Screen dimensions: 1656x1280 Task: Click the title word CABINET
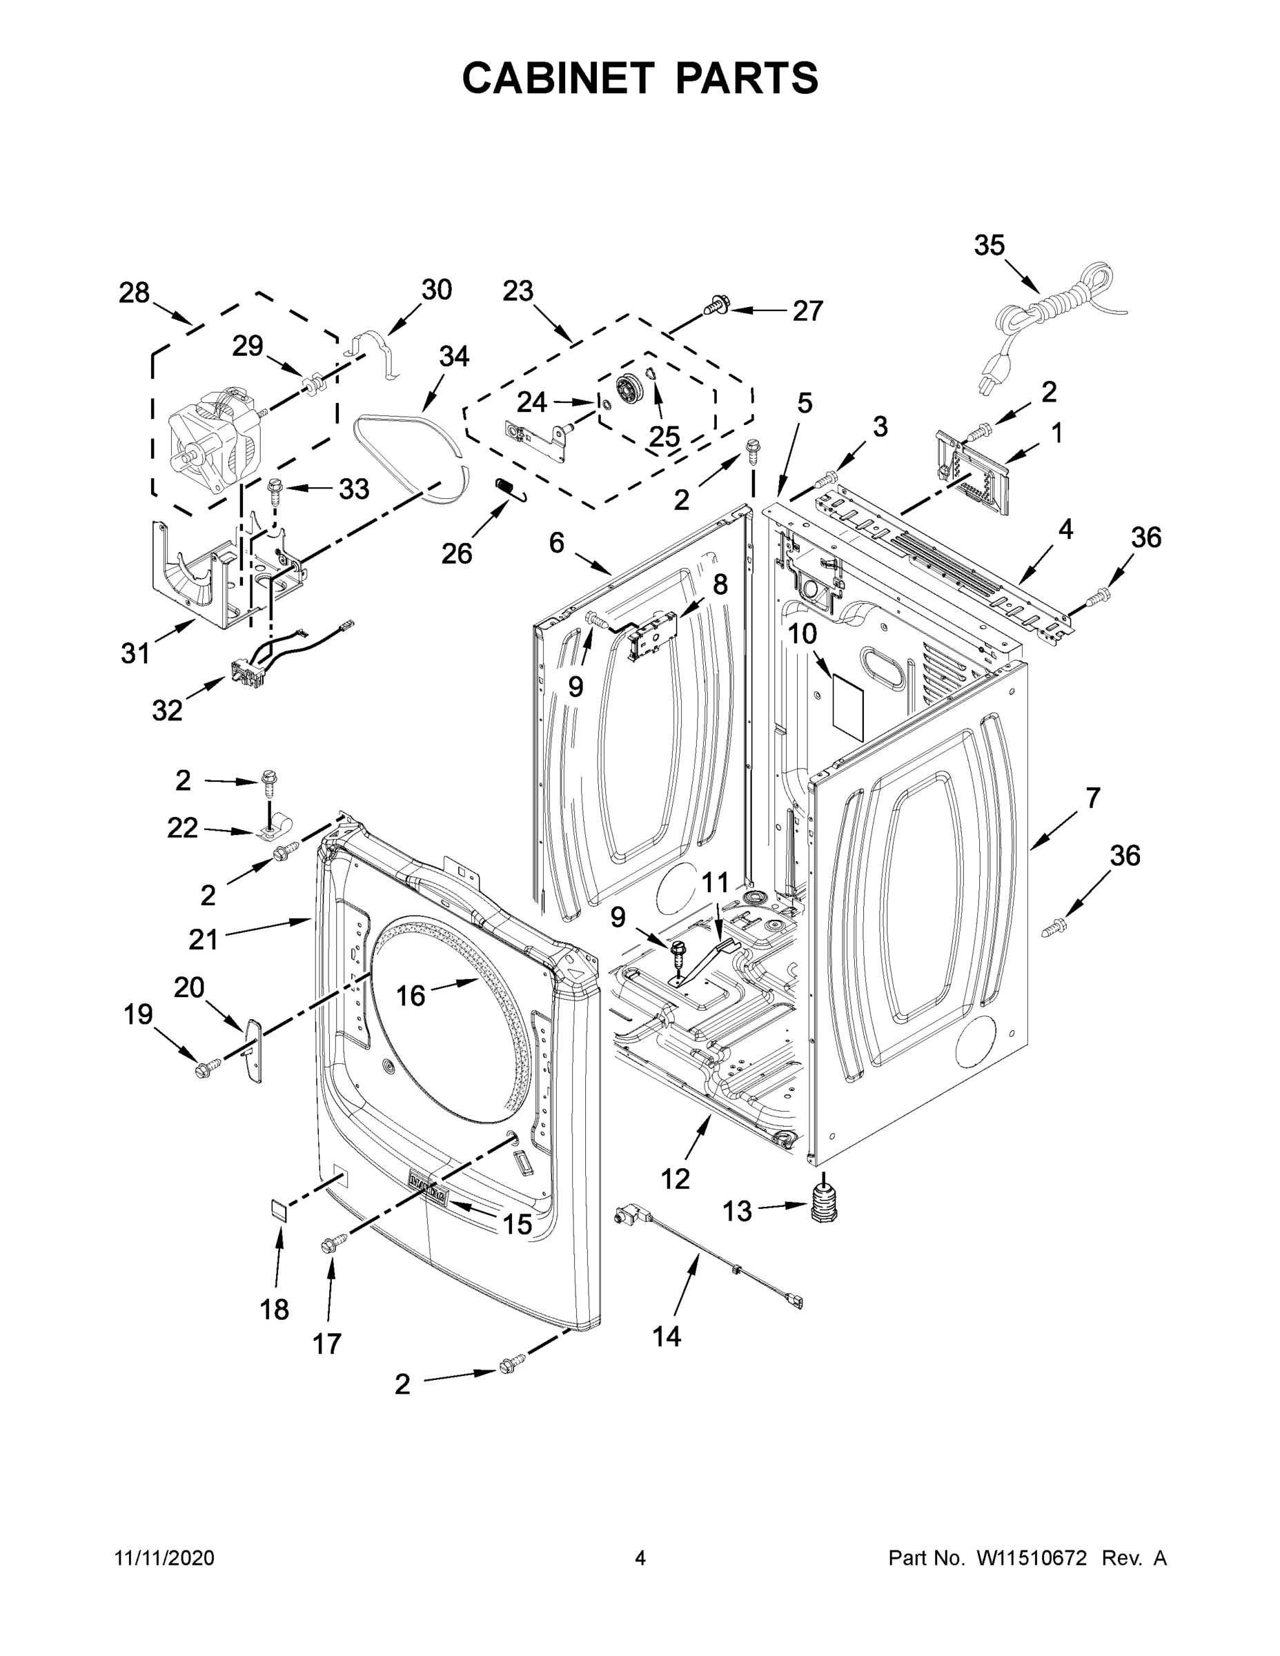pos(558,78)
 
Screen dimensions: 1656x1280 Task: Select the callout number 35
pos(989,246)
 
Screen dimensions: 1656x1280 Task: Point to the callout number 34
pos(454,356)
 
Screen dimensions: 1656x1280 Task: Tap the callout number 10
pos(803,633)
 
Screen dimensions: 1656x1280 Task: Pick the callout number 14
pos(667,1337)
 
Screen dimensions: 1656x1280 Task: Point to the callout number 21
pos(204,940)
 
